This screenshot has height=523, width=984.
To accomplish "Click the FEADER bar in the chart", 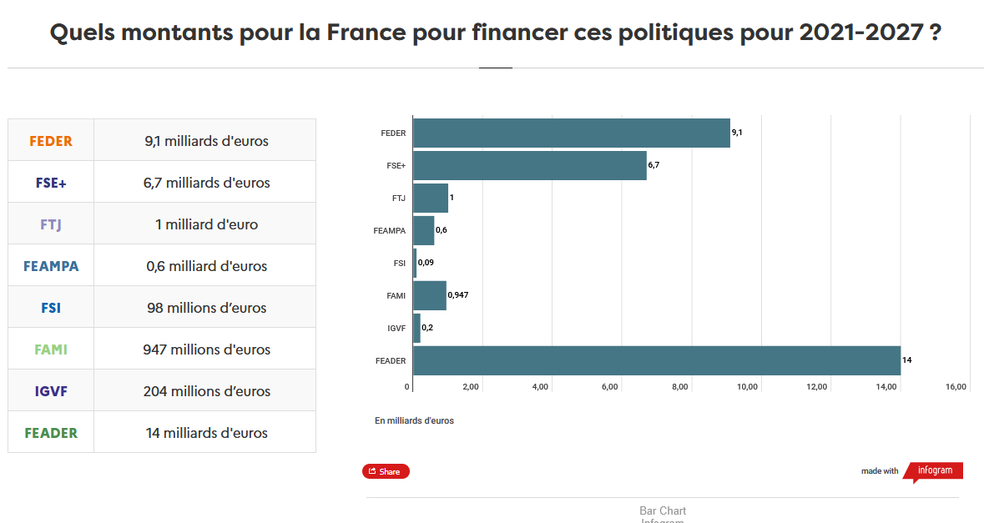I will pyautogui.click(x=656, y=360).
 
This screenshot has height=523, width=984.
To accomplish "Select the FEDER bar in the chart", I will pyautogui.click(x=571, y=133).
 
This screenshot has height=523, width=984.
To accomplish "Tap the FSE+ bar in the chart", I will pyautogui.click(x=529, y=165).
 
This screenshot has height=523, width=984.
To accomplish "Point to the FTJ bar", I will pyautogui.click(x=430, y=198).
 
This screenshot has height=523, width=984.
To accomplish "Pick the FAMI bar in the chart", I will pyautogui.click(x=429, y=295).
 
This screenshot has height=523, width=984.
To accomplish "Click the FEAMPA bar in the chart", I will pyautogui.click(x=423, y=230).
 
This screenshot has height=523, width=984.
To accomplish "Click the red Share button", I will pyautogui.click(x=386, y=471).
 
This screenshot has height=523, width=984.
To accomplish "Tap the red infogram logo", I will pyautogui.click(x=934, y=470).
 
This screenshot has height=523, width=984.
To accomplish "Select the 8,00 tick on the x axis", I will pyautogui.click(x=679, y=387).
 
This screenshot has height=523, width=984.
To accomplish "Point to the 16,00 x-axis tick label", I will pyautogui.click(x=956, y=387).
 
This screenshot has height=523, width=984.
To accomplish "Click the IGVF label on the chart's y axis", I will pyautogui.click(x=396, y=329).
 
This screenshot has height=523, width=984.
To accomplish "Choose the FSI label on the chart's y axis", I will pyautogui.click(x=400, y=264).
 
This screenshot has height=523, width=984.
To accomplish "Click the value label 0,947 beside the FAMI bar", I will pyautogui.click(x=457, y=294).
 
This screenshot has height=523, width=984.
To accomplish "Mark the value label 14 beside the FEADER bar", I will pyautogui.click(x=906, y=360).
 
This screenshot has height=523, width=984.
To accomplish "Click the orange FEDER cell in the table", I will pyautogui.click(x=51, y=141).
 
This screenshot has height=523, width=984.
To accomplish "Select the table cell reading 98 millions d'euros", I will pyautogui.click(x=206, y=308).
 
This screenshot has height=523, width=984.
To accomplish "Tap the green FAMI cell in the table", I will pyautogui.click(x=51, y=350).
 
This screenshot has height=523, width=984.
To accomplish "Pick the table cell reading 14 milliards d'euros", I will pyautogui.click(x=206, y=433).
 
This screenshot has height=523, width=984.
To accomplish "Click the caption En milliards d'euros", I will pyautogui.click(x=414, y=420).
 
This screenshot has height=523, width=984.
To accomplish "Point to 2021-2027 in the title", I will pyautogui.click(x=860, y=33).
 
